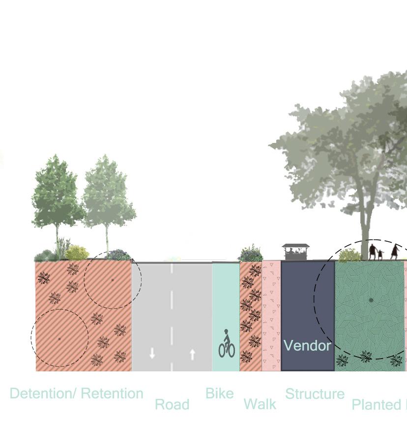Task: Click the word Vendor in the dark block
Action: click(x=307, y=345)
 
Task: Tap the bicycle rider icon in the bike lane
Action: click(x=227, y=344)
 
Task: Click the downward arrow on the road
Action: click(x=152, y=353)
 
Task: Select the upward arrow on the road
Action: click(x=192, y=354)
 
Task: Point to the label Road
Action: click(x=172, y=405)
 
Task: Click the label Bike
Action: click(x=219, y=393)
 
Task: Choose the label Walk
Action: click(x=260, y=405)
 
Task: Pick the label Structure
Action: click(x=315, y=394)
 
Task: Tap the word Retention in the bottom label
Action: click(x=112, y=393)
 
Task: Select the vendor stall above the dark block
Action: click(x=295, y=252)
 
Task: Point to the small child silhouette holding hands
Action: click(x=380, y=254)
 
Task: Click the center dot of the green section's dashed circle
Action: click(x=371, y=300)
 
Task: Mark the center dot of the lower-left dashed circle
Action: click(x=59, y=338)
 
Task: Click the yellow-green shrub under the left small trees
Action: click(x=77, y=253)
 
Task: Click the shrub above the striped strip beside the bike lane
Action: click(x=251, y=254)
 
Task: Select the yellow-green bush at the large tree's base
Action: click(x=349, y=255)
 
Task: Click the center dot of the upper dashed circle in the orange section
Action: click(x=113, y=280)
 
